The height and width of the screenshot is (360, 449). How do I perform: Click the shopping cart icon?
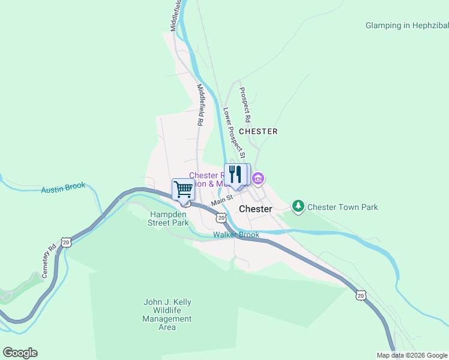click(x=183, y=189)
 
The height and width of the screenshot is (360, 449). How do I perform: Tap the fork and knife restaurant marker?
click(x=235, y=175)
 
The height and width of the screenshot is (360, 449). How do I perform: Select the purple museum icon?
click(x=259, y=178)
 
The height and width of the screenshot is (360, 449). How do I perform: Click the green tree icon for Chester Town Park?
click(x=298, y=207)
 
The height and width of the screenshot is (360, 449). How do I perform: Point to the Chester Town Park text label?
click(x=343, y=207)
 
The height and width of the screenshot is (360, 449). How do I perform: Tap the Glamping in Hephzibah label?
click(x=406, y=25)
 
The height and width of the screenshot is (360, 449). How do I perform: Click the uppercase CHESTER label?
click(x=258, y=131)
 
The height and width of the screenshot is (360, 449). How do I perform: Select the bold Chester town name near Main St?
click(x=255, y=209)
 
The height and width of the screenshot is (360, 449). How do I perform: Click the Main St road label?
click(x=221, y=199)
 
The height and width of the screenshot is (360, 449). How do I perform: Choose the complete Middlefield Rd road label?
click(x=200, y=104)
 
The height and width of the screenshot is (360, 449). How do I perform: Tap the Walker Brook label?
click(x=236, y=235)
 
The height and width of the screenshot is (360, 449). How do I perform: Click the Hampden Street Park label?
click(x=168, y=218)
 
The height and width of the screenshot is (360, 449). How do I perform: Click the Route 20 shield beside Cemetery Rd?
click(x=65, y=242)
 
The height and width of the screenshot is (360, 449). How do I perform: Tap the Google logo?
click(x=20, y=352)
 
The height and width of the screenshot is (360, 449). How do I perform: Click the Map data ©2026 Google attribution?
click(x=411, y=355)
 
